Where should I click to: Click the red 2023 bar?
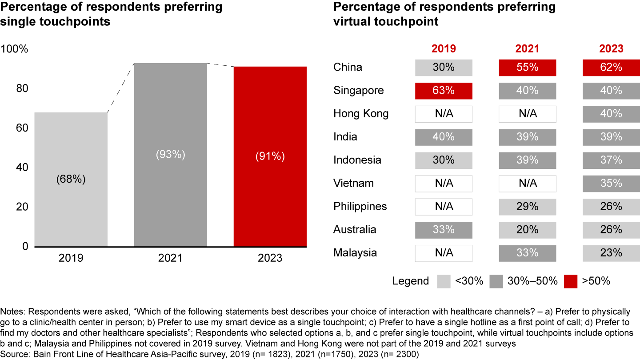(x=270, y=156)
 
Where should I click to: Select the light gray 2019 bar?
(x=71, y=179)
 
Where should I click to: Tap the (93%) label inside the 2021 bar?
(x=171, y=155)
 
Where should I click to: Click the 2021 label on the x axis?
(x=171, y=258)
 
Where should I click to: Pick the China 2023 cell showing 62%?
(x=611, y=68)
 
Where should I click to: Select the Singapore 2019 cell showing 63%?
(x=444, y=91)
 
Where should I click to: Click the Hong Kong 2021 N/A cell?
(x=528, y=114)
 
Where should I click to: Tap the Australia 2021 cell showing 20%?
(x=528, y=230)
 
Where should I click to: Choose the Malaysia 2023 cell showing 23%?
(x=611, y=253)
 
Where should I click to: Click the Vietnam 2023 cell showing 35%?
(x=611, y=183)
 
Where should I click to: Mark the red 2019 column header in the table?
(x=444, y=48)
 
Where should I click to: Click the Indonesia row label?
(x=357, y=160)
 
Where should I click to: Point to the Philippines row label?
(x=360, y=207)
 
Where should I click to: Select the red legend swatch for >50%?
(x=570, y=281)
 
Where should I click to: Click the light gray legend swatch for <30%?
(x=444, y=281)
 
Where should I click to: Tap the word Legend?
(x=411, y=281)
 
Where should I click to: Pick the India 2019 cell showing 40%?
(x=444, y=137)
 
